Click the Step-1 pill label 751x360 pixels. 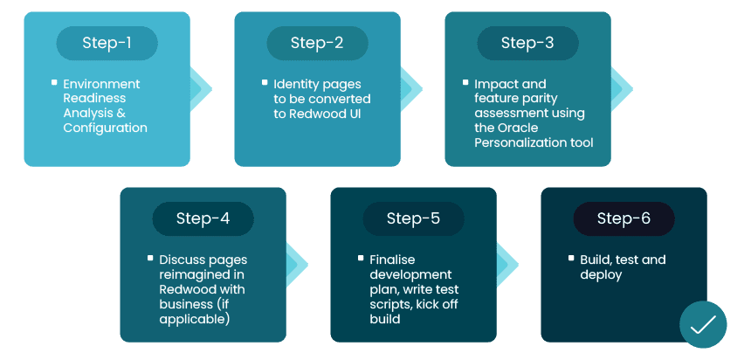(107, 43)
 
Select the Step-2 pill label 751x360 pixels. (317, 43)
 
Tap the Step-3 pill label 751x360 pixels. (527, 43)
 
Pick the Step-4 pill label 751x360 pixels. (203, 218)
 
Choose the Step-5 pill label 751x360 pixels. (413, 218)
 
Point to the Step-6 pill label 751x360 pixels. (624, 218)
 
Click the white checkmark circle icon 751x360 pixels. (703, 325)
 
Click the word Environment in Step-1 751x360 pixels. (101, 84)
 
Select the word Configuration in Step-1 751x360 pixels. (105, 128)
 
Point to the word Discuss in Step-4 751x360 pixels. (182, 260)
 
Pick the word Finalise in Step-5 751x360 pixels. (392, 260)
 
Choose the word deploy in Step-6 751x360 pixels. (601, 274)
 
